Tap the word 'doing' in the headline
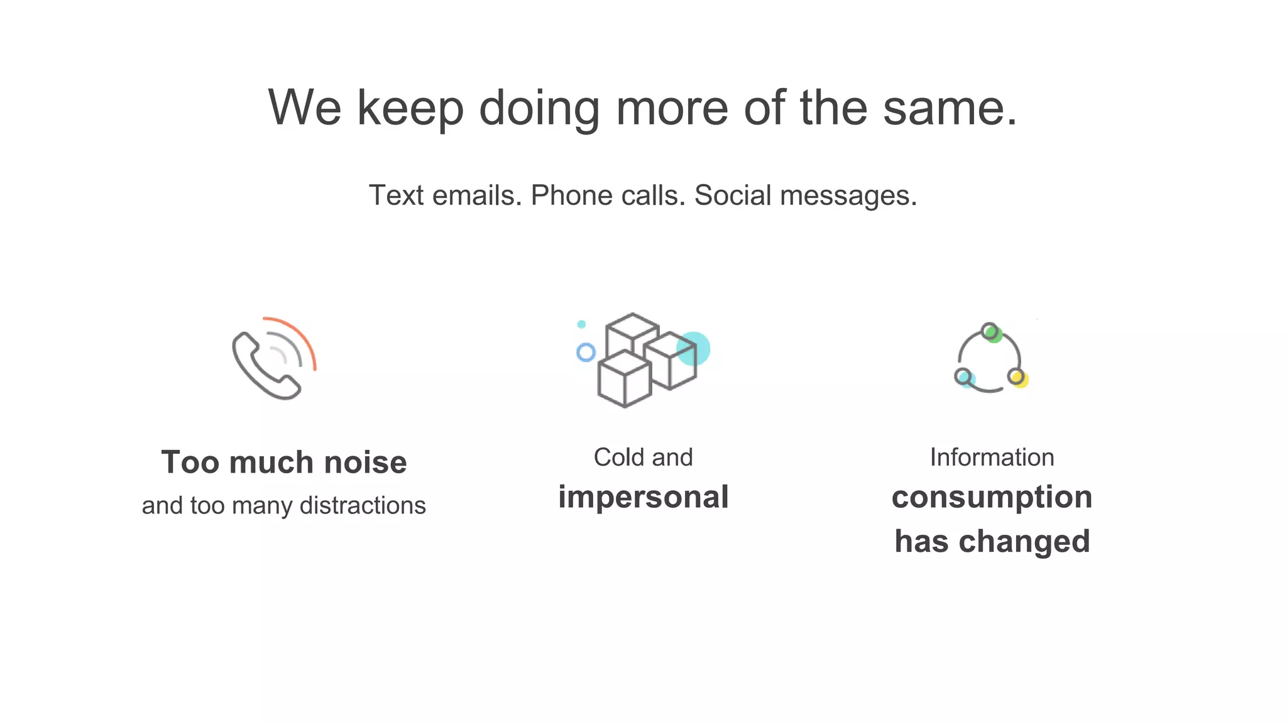click(539, 108)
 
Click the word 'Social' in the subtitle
click(732, 195)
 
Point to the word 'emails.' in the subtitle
click(477, 195)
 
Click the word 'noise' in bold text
click(365, 463)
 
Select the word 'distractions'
click(363, 505)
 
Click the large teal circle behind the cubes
click(698, 347)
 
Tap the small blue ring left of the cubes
click(586, 352)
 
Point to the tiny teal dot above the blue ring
click(581, 324)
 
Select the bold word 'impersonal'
click(643, 497)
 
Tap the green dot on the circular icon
click(994, 334)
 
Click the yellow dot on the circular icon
click(1020, 380)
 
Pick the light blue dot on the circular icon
click(967, 380)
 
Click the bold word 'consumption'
click(992, 497)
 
